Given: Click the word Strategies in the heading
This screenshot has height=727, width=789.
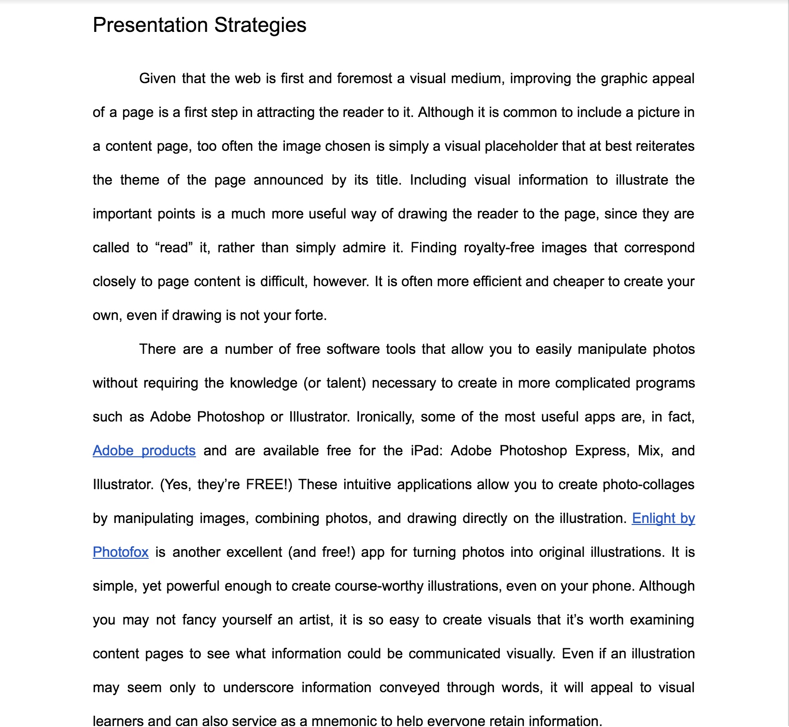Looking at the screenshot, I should tap(260, 25).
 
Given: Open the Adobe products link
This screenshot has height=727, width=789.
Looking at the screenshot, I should tap(144, 451).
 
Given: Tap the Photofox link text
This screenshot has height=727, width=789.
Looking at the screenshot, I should tap(121, 552).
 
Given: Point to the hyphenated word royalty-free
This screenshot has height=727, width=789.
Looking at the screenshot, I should tap(499, 247).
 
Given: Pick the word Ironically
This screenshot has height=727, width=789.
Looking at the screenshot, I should tap(385, 417).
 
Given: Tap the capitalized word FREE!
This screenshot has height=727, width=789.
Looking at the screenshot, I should tap(268, 484).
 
